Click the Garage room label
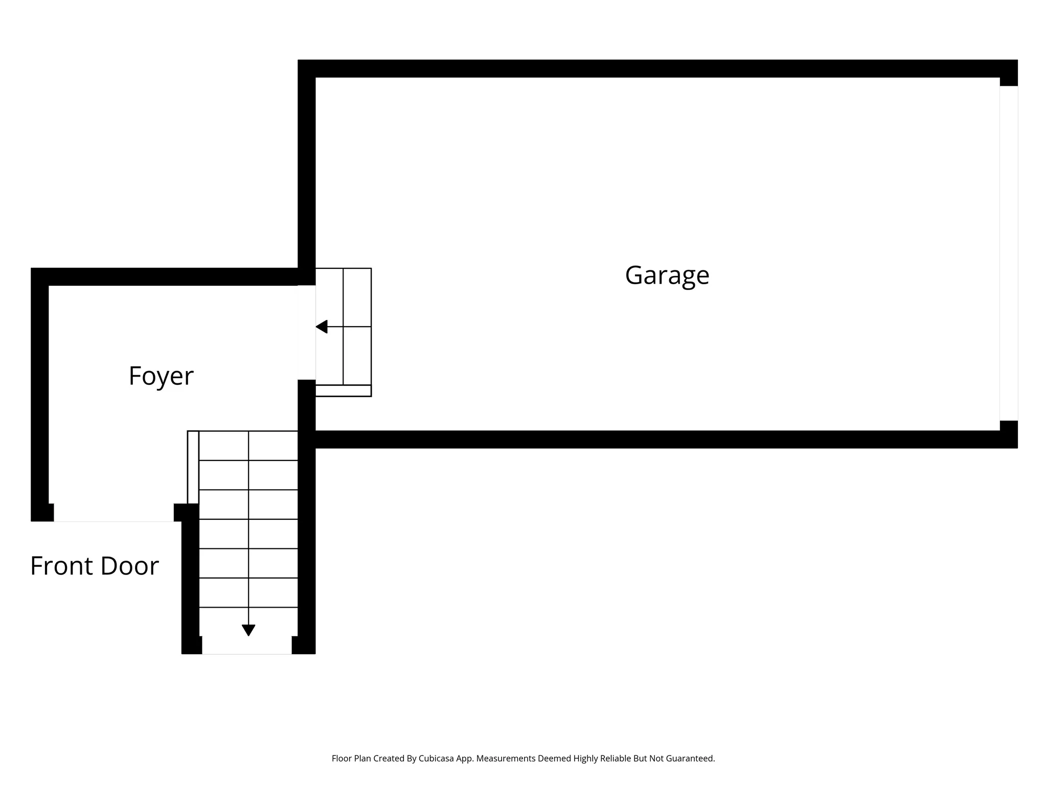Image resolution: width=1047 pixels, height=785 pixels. point(667,276)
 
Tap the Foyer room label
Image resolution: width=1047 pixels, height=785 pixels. point(161,376)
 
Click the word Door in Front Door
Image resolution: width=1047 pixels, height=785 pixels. point(130,566)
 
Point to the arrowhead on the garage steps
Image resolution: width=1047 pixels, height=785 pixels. point(322,327)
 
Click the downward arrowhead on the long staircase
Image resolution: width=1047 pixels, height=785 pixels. point(248,630)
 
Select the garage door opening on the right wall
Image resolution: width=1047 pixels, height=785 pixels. point(1008,253)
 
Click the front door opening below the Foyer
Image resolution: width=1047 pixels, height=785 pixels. point(113,513)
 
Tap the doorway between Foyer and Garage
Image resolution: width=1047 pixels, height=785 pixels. point(307,332)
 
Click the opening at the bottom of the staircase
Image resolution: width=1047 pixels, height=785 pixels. point(247,645)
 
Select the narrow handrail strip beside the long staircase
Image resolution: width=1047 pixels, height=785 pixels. point(193,467)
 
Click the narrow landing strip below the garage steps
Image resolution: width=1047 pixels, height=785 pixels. point(343,391)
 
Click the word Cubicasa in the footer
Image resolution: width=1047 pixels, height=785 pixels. point(437,759)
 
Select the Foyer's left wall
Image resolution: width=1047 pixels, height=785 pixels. point(40,394)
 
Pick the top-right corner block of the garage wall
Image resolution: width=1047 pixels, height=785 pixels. point(1008,73)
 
